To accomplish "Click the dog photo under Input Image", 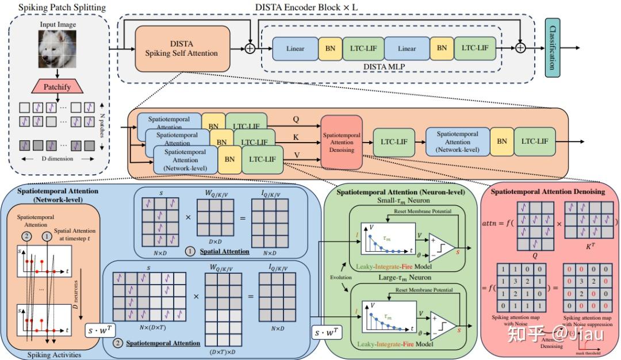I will pyautogui.click(x=57, y=49).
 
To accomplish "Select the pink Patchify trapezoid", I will pyautogui.click(x=57, y=87).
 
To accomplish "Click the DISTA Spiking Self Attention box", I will pyautogui.click(x=182, y=48).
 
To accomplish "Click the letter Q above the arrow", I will pyautogui.click(x=296, y=120).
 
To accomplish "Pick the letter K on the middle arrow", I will pyautogui.click(x=296, y=137).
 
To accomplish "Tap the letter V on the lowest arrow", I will pyautogui.click(x=296, y=155).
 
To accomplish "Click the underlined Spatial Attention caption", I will pyautogui.click(x=224, y=251).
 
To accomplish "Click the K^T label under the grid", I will pyautogui.click(x=589, y=246).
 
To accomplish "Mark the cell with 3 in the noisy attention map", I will pyautogui.click(x=516, y=281).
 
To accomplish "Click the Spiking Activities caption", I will pyautogui.click(x=55, y=355).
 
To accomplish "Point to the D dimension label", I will pyautogui.click(x=57, y=159).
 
